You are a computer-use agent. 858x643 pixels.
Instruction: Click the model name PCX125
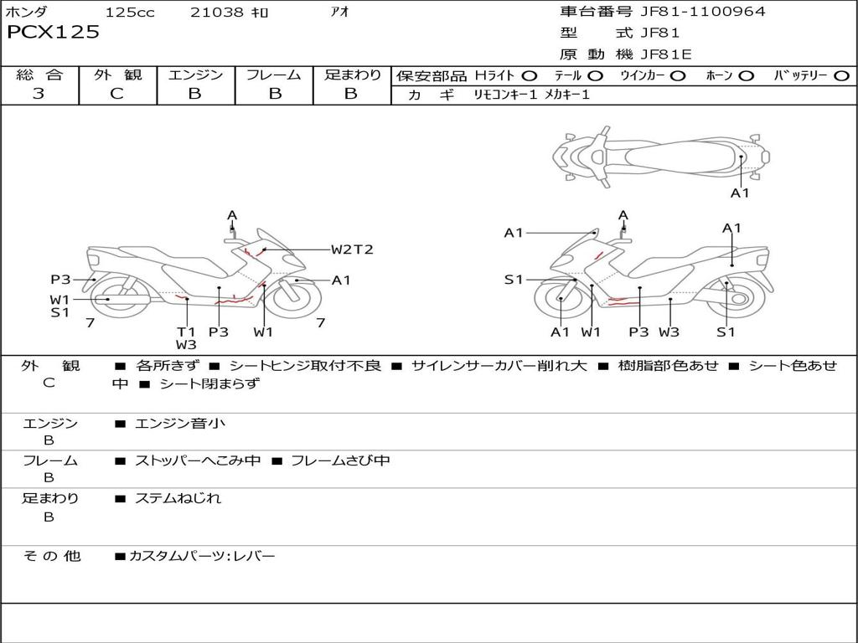(54, 32)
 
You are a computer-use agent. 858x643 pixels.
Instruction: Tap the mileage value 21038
(216, 12)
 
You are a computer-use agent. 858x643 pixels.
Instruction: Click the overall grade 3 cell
(39, 94)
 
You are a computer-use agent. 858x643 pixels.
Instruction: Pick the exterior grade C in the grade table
(116, 94)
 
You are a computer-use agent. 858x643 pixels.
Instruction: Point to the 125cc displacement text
(130, 12)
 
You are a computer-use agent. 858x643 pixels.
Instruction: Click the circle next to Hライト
(529, 75)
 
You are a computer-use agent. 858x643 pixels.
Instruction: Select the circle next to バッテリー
(841, 75)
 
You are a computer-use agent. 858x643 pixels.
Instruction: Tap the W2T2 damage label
(352, 249)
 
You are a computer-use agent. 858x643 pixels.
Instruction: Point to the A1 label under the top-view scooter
(740, 193)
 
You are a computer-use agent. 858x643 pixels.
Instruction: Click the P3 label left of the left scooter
(59, 280)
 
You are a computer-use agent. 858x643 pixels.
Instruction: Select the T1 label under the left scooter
(185, 331)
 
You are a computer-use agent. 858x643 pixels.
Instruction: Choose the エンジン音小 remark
(180, 424)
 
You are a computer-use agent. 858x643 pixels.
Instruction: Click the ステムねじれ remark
(178, 498)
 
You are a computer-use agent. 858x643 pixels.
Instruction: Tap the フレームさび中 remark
(339, 460)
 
